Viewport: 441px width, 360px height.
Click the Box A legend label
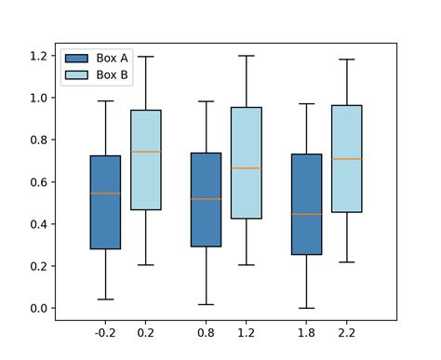coord(112,58)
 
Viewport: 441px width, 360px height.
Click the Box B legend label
coord(112,73)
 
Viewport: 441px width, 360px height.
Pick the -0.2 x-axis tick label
coord(105,332)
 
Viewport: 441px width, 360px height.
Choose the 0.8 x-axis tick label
coord(206,332)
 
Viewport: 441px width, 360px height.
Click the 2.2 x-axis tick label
coord(346,332)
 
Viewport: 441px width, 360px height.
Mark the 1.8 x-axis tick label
coord(306,332)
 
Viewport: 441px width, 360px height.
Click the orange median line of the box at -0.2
coord(105,193)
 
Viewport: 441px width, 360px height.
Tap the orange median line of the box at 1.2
coord(246,168)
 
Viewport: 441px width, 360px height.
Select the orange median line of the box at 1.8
coord(306,214)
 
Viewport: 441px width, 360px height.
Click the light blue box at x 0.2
coord(145,160)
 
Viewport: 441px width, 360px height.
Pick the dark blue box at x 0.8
coord(206,200)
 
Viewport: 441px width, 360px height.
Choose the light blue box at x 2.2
coord(346,159)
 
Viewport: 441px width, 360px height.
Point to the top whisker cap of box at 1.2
coord(246,56)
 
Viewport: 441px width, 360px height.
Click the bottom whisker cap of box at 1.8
coord(306,308)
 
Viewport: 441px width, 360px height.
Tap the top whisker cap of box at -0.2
coord(105,100)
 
